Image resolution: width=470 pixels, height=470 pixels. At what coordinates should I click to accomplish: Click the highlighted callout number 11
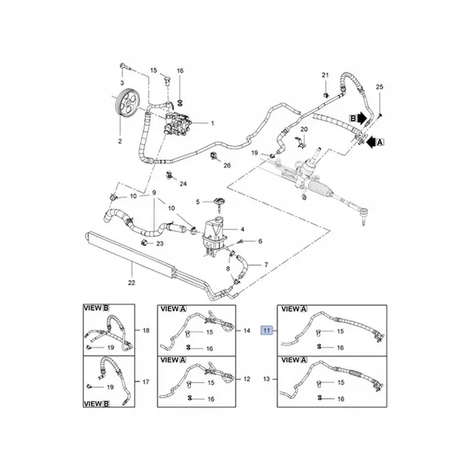point(267,331)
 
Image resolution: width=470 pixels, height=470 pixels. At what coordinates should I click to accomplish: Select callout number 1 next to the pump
point(212,123)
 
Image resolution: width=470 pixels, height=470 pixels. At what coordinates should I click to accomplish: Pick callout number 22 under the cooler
point(132,282)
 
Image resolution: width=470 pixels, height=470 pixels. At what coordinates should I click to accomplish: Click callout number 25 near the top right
point(379,87)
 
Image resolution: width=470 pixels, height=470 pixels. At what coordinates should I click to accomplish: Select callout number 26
point(227,165)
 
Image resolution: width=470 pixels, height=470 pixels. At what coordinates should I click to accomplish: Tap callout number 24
point(183,183)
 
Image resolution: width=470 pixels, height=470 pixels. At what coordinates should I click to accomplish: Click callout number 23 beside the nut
point(160,244)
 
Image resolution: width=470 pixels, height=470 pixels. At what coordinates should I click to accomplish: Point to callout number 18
point(146,331)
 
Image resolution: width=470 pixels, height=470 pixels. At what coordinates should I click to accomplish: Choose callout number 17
point(146,382)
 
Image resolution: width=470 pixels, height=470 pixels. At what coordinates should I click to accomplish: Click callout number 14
point(247,331)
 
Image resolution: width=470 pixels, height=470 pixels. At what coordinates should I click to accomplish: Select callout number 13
point(266,379)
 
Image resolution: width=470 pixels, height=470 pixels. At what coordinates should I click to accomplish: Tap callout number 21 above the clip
point(325,75)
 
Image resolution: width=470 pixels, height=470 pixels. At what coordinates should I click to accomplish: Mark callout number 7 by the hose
point(266,265)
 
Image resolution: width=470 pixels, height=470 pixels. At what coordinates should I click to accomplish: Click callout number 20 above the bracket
point(304,129)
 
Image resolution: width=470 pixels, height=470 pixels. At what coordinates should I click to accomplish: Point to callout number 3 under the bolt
point(122,83)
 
